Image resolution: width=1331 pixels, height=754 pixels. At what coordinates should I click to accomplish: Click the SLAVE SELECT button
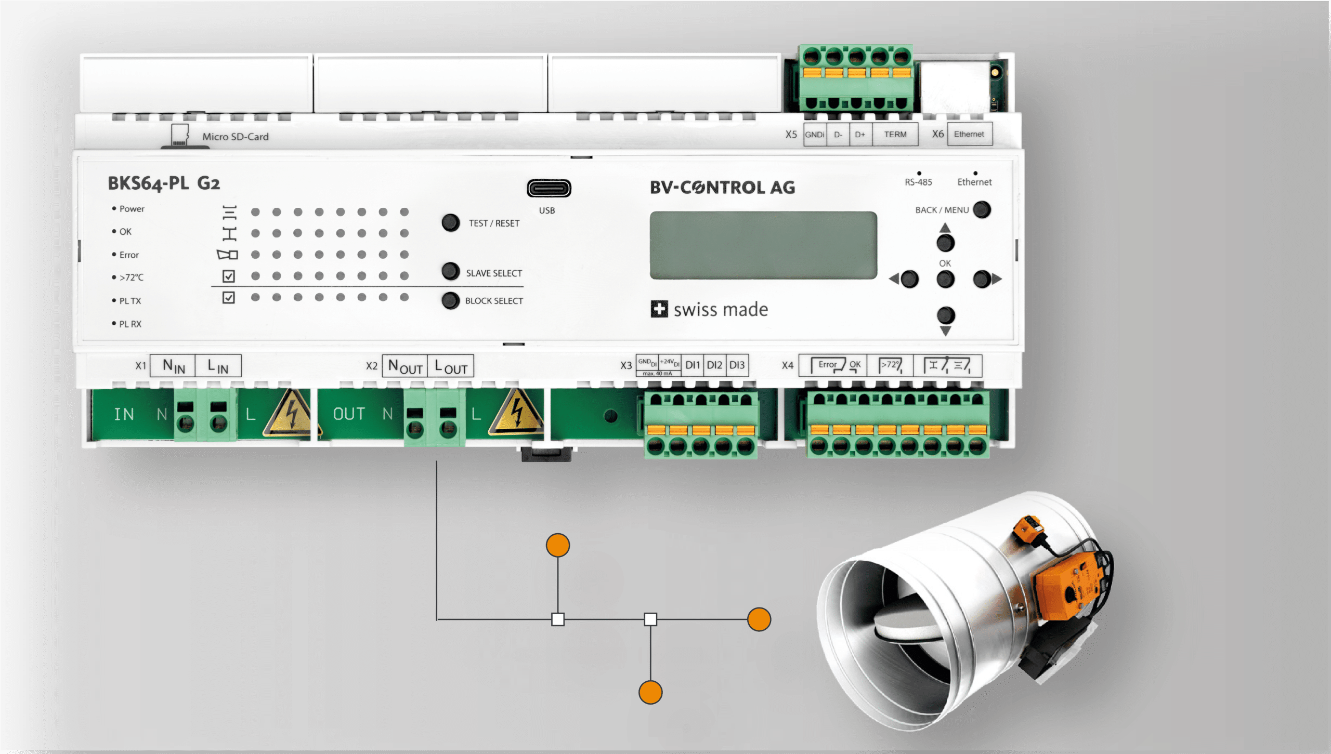click(450, 271)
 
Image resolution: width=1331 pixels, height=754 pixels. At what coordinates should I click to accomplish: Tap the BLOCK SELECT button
click(450, 300)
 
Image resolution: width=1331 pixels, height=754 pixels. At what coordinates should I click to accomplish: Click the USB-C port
click(549, 188)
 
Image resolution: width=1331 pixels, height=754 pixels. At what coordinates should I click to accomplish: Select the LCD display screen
click(763, 245)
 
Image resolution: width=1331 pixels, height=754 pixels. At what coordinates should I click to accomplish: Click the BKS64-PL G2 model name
click(164, 183)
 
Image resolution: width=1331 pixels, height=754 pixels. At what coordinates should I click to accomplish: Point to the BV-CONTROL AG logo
click(722, 188)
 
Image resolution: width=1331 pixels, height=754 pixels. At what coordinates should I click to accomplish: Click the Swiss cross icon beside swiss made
click(659, 309)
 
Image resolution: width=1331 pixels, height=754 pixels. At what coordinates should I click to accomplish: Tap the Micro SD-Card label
click(235, 137)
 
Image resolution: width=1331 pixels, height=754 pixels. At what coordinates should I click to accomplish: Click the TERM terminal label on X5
click(895, 135)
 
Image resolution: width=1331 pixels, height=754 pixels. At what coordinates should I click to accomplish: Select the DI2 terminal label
click(714, 365)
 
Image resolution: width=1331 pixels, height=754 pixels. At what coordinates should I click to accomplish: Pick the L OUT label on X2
click(450, 366)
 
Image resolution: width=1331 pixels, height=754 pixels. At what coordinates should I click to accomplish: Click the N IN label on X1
click(173, 366)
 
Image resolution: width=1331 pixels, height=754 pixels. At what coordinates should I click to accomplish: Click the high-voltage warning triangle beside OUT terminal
click(516, 413)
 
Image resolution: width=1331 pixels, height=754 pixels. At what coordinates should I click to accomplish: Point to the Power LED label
click(132, 209)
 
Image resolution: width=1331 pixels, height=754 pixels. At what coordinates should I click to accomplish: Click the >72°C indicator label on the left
click(131, 277)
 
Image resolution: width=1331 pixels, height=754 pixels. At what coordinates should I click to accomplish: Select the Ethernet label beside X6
click(969, 135)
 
